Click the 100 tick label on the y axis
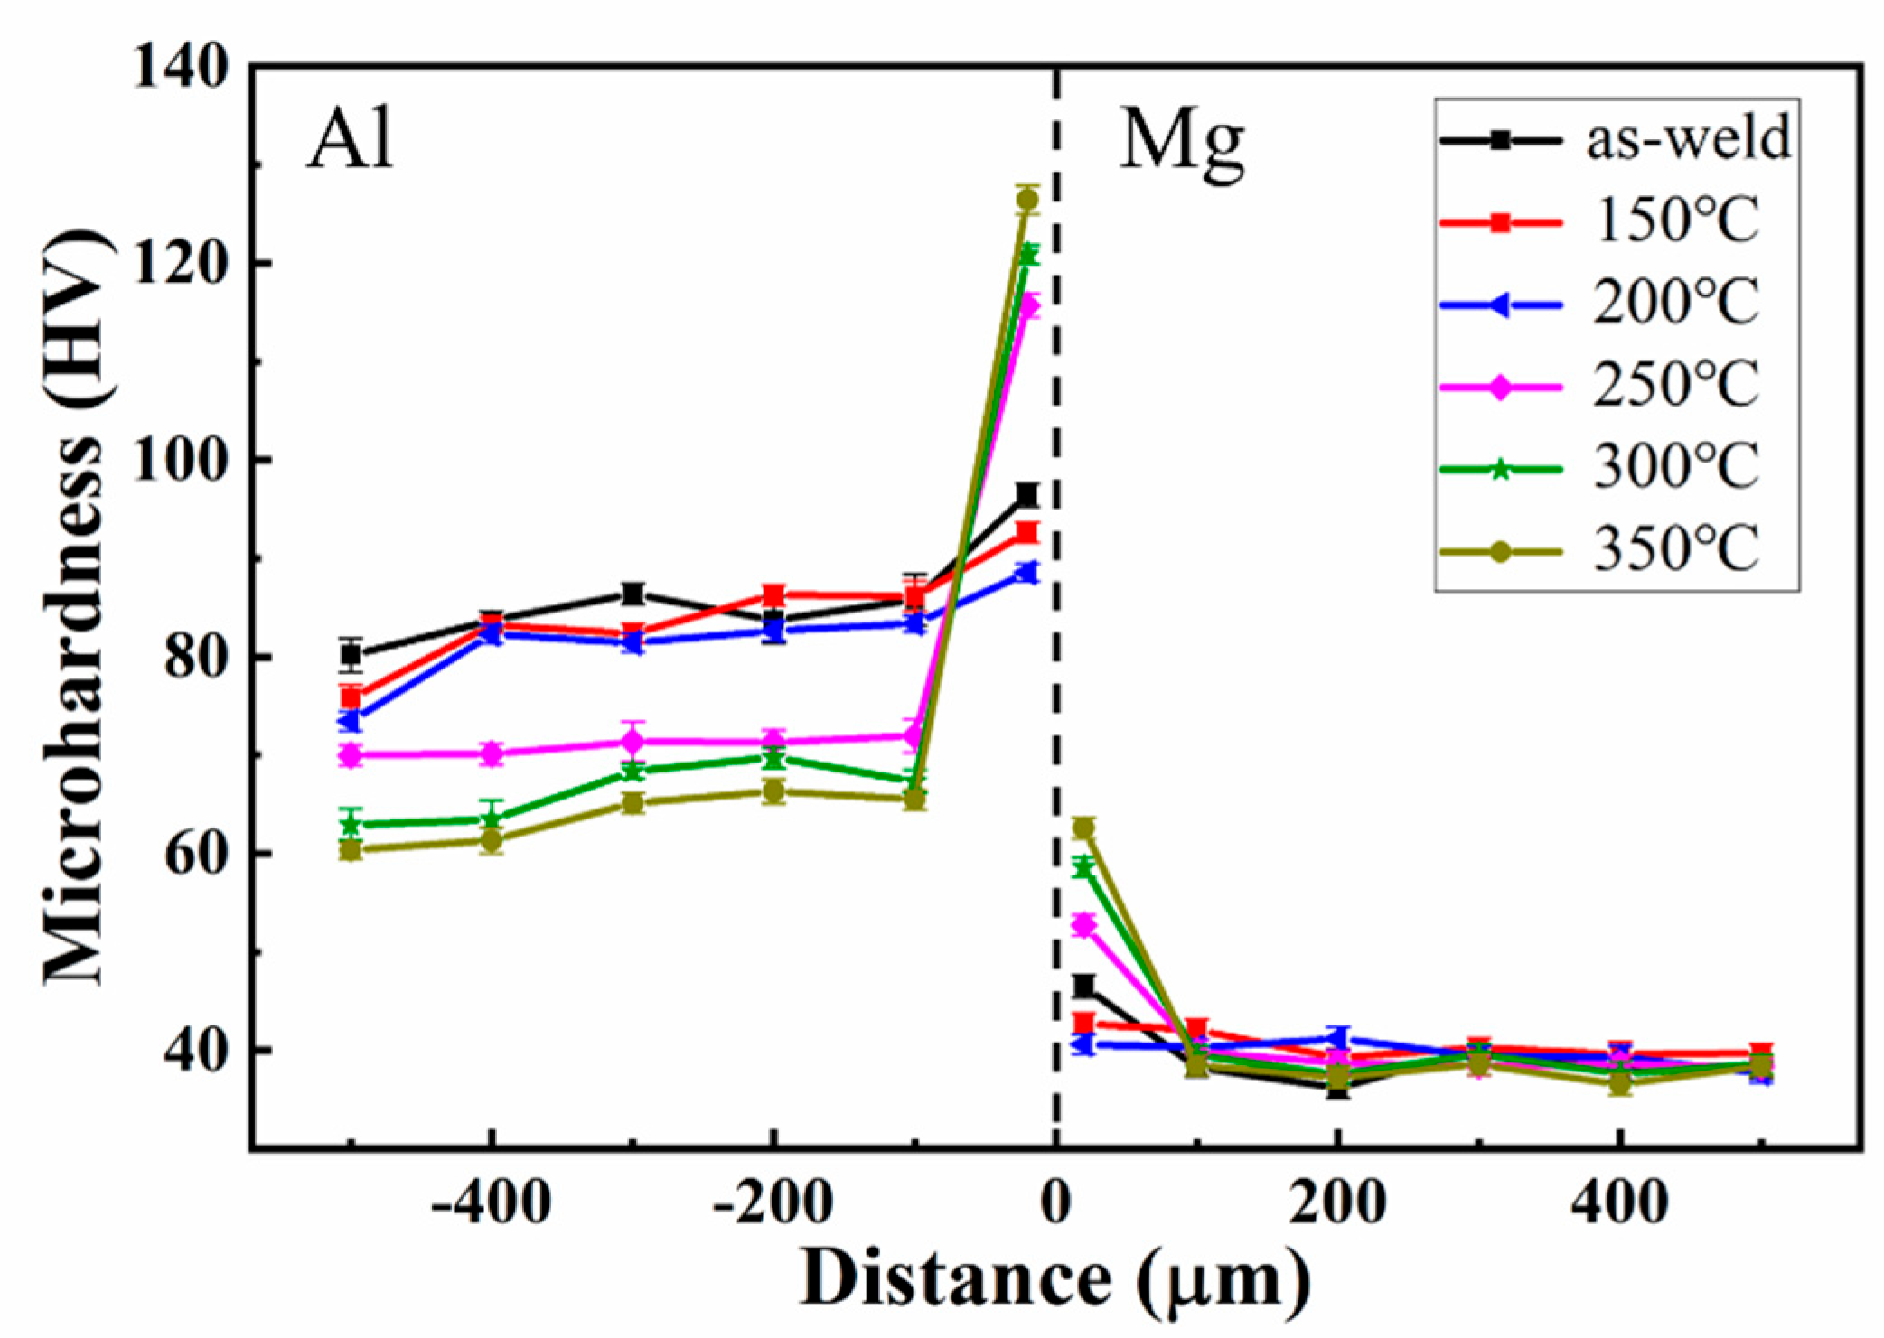tap(180, 461)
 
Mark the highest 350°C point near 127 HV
tap(1027, 200)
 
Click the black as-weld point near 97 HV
tap(1027, 494)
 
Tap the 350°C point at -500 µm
tap(351, 849)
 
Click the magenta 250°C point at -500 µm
tap(351, 755)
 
